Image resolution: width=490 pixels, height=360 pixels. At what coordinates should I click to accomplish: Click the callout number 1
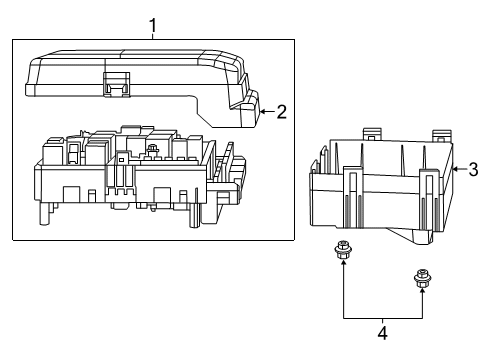click(153, 22)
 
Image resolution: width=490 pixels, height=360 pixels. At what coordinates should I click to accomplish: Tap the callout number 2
click(281, 112)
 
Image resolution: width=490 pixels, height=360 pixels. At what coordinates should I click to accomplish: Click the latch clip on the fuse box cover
click(118, 85)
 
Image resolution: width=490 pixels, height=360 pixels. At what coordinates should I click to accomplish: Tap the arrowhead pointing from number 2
click(261, 112)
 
